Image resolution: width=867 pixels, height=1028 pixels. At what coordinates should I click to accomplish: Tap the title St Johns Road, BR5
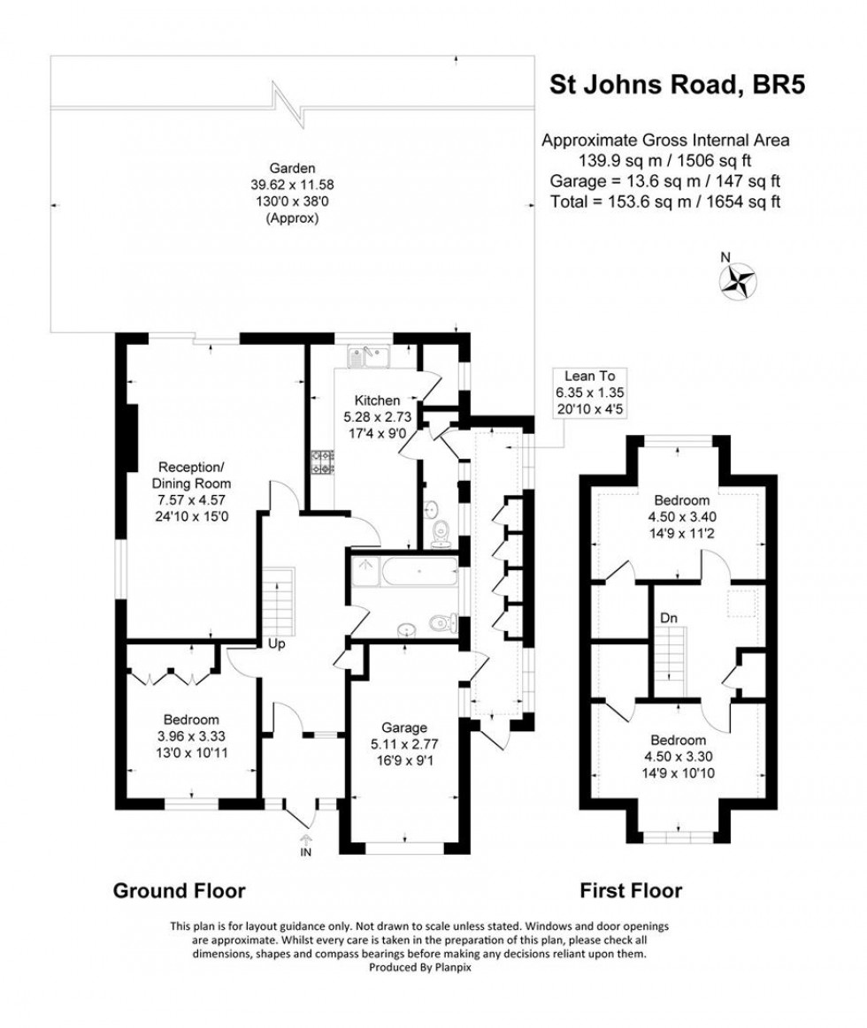click(678, 85)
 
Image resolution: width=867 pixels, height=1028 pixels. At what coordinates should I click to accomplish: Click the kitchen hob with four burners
click(319, 462)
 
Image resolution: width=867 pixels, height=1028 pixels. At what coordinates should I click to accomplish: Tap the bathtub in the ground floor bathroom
click(404, 573)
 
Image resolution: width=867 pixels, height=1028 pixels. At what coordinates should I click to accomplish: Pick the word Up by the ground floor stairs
click(276, 644)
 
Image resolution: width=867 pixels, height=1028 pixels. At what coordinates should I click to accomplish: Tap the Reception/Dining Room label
click(195, 484)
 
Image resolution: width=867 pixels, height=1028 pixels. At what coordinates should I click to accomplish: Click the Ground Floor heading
click(179, 890)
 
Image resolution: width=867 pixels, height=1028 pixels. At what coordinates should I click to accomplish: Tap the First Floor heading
click(631, 890)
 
